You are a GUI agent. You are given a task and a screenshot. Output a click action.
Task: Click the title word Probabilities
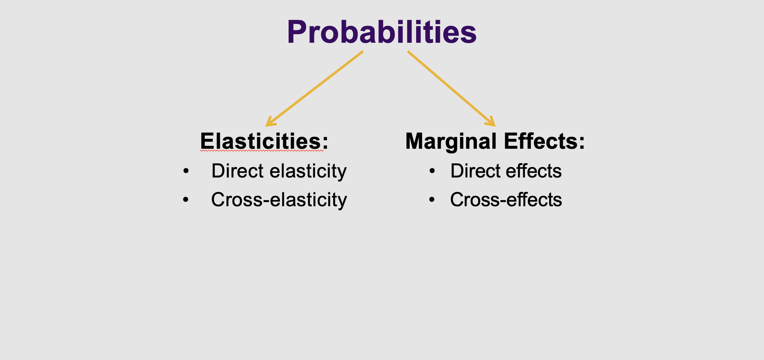382,32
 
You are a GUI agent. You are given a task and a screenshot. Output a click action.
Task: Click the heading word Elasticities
261,141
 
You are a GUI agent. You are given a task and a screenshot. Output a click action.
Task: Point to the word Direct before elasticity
238,171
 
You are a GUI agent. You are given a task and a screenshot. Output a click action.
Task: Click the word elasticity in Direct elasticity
308,171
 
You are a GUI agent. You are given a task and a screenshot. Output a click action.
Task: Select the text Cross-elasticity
279,200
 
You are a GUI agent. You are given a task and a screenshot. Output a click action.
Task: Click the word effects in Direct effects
534,171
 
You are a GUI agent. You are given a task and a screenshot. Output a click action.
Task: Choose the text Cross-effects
506,199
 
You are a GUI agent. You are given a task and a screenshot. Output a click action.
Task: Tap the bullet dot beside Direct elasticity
186,171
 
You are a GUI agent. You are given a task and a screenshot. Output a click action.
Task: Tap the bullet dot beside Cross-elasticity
186,200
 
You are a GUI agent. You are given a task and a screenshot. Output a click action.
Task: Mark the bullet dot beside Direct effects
432,171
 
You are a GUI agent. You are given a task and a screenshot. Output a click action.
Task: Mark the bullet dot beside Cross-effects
432,200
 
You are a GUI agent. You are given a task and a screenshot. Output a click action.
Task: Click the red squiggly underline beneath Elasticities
262,151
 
